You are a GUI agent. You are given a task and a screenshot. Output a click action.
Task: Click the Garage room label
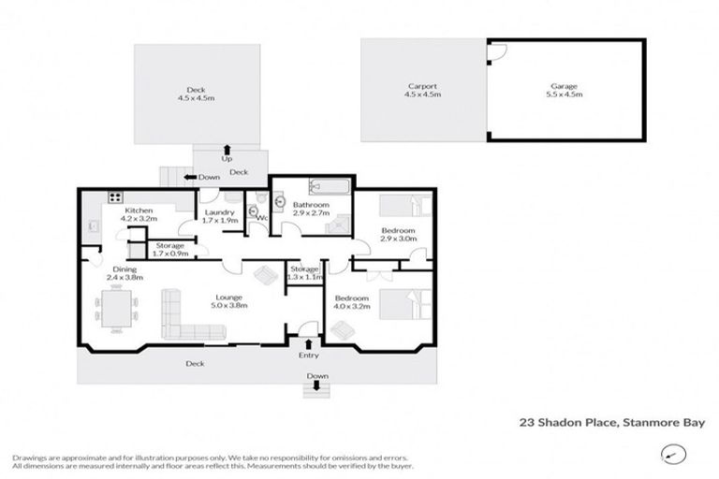pos(565,86)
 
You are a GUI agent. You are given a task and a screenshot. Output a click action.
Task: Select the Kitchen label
pos(139,211)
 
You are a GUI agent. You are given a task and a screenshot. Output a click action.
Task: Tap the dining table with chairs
pos(120,309)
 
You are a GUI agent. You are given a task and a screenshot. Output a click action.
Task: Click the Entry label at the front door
pos(308,356)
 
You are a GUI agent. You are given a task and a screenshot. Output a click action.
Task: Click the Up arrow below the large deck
pos(227,149)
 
